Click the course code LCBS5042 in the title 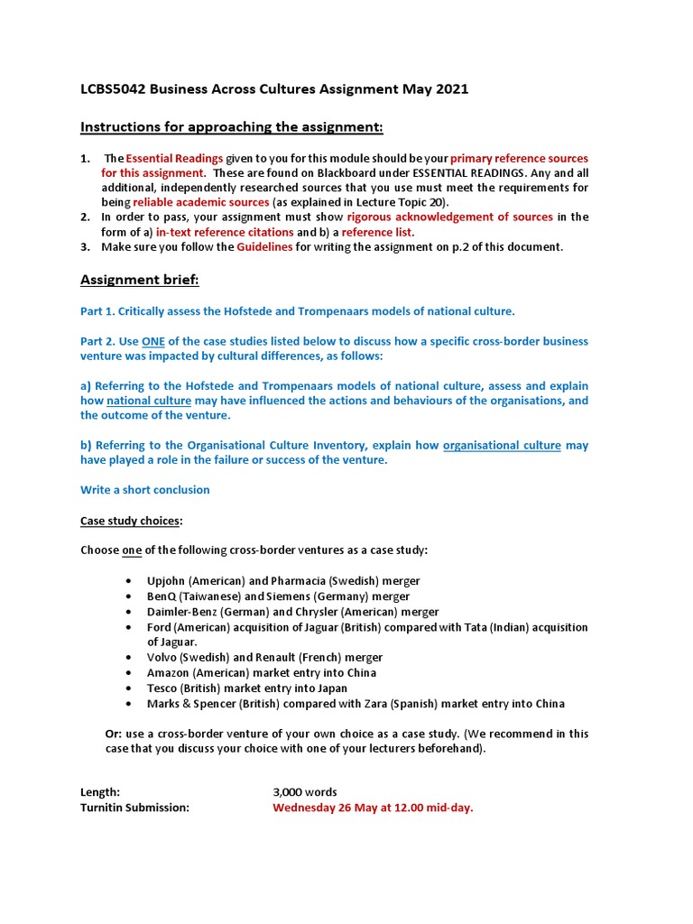click(x=112, y=89)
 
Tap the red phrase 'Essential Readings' click(x=174, y=158)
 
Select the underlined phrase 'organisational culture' click(x=502, y=445)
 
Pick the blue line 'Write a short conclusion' click(x=144, y=490)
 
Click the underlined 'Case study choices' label click(x=130, y=521)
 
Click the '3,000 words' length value click(x=305, y=792)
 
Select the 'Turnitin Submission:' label click(x=135, y=808)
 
